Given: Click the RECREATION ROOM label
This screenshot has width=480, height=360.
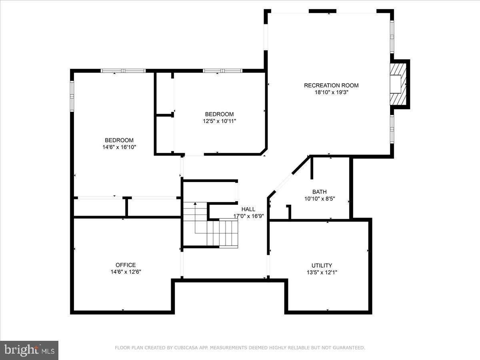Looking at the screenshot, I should pos(331,85).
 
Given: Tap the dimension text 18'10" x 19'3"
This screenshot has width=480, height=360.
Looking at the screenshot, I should pos(331,92).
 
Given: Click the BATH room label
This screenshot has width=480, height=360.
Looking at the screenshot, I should pos(319,192).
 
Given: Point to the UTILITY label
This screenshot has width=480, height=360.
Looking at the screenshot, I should pos(322,266).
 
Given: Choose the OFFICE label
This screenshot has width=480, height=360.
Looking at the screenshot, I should pos(126,265).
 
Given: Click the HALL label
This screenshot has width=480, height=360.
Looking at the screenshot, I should pos(248,209).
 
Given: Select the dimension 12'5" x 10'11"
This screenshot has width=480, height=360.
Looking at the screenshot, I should pos(219,121).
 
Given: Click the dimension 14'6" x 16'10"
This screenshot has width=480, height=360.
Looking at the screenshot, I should pos(119,147).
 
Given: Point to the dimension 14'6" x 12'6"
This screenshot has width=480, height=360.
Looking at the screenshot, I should pos(126,272).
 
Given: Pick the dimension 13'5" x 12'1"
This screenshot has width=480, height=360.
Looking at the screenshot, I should pos(322,272).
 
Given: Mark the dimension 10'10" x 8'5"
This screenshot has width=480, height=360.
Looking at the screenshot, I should pos(319,198).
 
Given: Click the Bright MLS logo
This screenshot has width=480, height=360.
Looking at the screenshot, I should pos(29,350).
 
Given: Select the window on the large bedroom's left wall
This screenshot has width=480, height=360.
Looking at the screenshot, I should pos(72,96).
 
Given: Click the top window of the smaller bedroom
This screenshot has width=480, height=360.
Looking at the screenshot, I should pos(222,71).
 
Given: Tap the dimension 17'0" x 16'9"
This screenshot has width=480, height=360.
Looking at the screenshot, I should pos(248,216).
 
